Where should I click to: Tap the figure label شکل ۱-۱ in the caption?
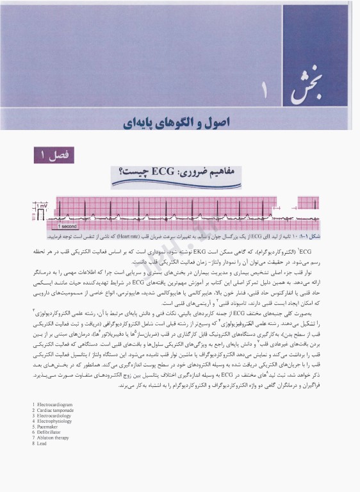(343, 236)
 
